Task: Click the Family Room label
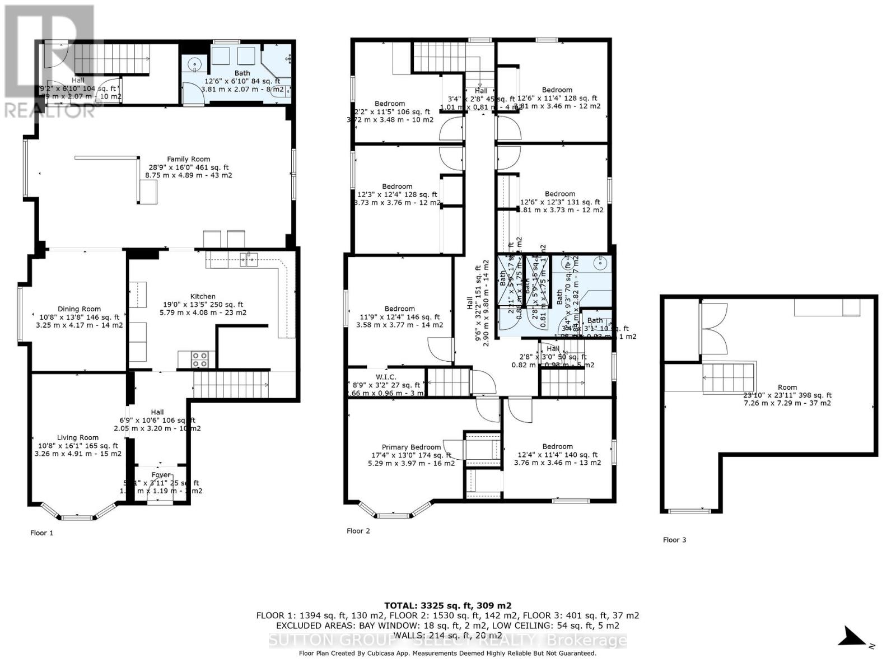pos(188,160)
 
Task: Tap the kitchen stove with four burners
pos(200,359)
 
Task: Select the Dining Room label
pos(79,309)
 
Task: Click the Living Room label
pos(77,438)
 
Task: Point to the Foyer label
pos(161,475)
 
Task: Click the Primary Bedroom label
pos(411,447)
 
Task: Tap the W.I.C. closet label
pos(385,377)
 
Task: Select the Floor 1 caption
pos(41,533)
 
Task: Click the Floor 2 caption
pos(358,531)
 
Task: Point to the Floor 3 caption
pos(674,540)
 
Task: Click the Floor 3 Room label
pos(787,388)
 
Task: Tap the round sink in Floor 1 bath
pos(194,64)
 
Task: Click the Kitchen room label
pos(203,297)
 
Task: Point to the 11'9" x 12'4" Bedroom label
pos(399,309)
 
